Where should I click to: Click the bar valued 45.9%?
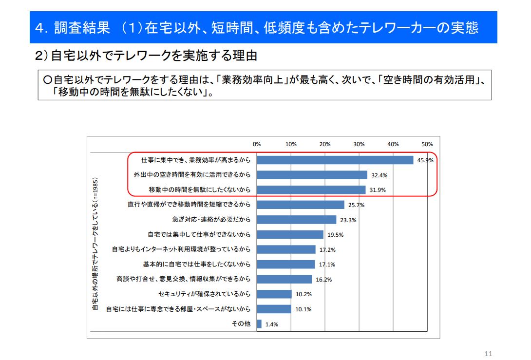pyautogui.click(x=335, y=160)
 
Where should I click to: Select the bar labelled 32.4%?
pyautogui.click(x=312, y=175)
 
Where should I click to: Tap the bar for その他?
pyautogui.click(x=259, y=324)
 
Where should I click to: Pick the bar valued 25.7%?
pyautogui.click(x=300, y=205)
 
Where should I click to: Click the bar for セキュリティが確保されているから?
pyautogui.click(x=274, y=294)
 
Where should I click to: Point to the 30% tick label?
pyautogui.click(x=359, y=144)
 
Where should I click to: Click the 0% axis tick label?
pyautogui.click(x=257, y=144)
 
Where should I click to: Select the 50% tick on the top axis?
pyautogui.click(x=427, y=144)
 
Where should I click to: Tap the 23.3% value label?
pyautogui.click(x=348, y=220)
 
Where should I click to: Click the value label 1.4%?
pyautogui.click(x=271, y=324)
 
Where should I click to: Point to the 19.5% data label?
pyautogui.click(x=335, y=235)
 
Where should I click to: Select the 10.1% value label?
pyautogui.click(x=303, y=309)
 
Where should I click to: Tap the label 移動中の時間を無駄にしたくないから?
pyautogui.click(x=199, y=189)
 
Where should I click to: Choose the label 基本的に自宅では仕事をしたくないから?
pyautogui.click(x=196, y=264)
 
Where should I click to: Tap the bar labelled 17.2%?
pyautogui.click(x=286, y=249)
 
